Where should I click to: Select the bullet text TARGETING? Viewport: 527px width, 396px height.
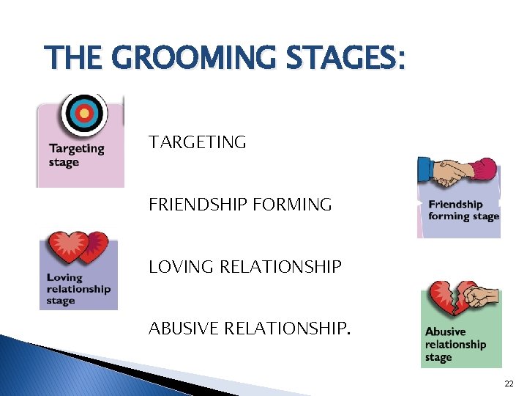coord(198,142)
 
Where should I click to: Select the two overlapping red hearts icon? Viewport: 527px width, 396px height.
coord(78,248)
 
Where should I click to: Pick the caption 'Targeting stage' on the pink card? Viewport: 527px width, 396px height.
coord(76,155)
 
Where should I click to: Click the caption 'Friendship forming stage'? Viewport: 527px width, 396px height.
coord(463,210)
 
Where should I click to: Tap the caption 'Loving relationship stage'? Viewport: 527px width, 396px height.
coord(78,289)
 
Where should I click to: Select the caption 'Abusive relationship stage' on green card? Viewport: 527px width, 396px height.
coord(455,345)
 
